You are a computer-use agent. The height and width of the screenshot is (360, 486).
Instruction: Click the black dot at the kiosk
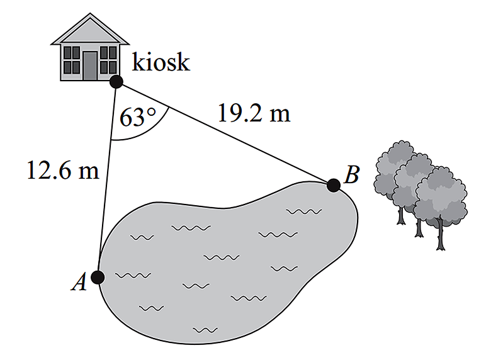[116, 81]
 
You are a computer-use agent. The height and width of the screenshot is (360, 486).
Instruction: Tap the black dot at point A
[98, 276]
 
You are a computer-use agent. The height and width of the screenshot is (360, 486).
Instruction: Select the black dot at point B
[334, 185]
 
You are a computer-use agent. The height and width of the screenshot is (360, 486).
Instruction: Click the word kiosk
[161, 63]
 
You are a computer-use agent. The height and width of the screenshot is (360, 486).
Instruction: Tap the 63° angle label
[138, 118]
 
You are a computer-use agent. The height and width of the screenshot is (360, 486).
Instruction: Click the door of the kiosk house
[90, 65]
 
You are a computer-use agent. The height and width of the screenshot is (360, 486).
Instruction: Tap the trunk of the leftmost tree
[401, 214]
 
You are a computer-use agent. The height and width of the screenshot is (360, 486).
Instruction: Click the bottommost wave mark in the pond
[205, 329]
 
